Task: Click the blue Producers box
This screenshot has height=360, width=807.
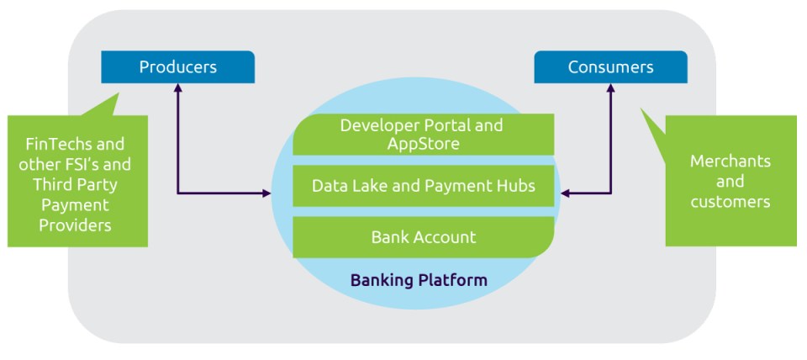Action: [x=177, y=67]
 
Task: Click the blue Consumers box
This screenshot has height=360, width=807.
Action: [x=610, y=67]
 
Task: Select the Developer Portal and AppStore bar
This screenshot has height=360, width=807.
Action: [x=423, y=135]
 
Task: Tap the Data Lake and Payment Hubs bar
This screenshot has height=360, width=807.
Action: [x=423, y=186]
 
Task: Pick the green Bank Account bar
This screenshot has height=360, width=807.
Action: [x=423, y=237]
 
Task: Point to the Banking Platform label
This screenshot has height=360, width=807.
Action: [x=419, y=281]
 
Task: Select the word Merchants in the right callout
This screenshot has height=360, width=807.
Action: [x=731, y=161]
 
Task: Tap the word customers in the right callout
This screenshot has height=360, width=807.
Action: [x=731, y=202]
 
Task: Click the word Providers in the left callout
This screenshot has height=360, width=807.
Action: [x=75, y=225]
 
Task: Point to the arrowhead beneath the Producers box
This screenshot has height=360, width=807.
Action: [x=177, y=88]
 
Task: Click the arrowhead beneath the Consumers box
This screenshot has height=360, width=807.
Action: [x=611, y=88]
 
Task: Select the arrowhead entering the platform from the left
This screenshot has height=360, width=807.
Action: [x=266, y=193]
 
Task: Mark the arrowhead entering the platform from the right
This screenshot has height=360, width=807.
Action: [x=565, y=193]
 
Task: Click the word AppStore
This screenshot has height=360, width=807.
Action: [x=423, y=144]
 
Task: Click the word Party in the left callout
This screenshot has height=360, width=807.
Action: [x=99, y=184]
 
